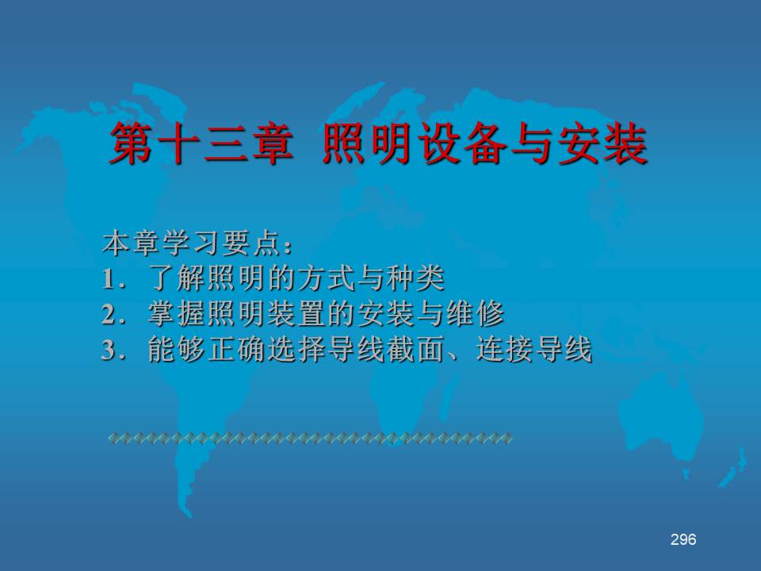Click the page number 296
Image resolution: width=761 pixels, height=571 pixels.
pyautogui.click(x=683, y=539)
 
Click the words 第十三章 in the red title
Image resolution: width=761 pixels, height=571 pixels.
pyautogui.click(x=201, y=144)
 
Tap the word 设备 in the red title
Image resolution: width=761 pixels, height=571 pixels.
pyautogui.click(x=462, y=144)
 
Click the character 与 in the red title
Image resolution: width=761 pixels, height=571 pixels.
pyautogui.click(x=533, y=144)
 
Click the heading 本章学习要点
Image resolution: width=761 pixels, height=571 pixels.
pyautogui.click(x=192, y=243)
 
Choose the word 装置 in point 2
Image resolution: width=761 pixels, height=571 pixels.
pyautogui.click(x=296, y=314)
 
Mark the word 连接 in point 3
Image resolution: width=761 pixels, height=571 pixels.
pyautogui.click(x=505, y=349)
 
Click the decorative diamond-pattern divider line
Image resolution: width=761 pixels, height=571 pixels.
pyautogui.click(x=310, y=438)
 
